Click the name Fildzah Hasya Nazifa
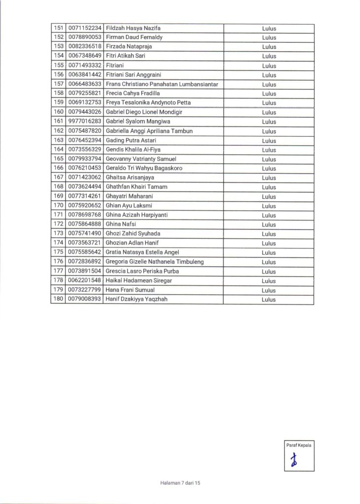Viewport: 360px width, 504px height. [130, 28]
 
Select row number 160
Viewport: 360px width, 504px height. [59, 112]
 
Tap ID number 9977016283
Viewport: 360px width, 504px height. [85, 122]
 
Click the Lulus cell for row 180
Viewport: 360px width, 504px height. [269, 299]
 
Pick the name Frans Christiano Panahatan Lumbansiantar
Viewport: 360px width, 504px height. [162, 84]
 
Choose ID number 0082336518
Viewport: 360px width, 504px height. [85, 47]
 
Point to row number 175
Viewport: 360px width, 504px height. [59, 252]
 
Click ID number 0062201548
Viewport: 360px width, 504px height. [85, 281]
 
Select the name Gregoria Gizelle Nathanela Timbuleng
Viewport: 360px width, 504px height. [155, 262]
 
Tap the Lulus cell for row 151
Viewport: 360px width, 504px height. [269, 28]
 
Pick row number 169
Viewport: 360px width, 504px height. [59, 196]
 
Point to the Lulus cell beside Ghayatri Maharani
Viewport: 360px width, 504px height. [269, 196]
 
